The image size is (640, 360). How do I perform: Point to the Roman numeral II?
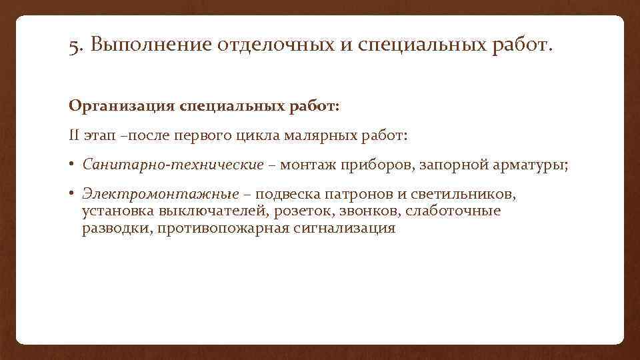74,135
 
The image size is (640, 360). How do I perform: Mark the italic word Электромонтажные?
161,194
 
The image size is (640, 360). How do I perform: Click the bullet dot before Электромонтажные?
72,194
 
